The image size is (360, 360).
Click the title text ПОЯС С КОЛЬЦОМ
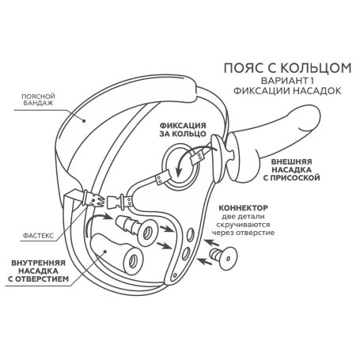[287, 68]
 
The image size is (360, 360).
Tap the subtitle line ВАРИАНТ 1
[287, 81]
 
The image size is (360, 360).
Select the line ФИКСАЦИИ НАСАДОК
[287, 91]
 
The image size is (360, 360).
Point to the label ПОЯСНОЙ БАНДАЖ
[38, 99]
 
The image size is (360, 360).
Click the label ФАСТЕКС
[38, 236]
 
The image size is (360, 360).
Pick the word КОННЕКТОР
[243, 208]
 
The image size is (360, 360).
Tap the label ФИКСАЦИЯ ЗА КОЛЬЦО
[183, 130]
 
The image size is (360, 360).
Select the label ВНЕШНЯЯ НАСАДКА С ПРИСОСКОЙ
[291, 169]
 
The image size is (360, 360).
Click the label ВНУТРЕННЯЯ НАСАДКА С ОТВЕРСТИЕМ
[39, 271]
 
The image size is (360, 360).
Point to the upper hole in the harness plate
[190, 234]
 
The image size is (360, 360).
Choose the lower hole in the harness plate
[186, 254]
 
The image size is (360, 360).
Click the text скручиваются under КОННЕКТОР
[243, 225]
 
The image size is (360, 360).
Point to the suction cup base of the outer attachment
[221, 159]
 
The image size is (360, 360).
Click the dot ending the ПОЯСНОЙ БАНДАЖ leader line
[84, 121]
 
